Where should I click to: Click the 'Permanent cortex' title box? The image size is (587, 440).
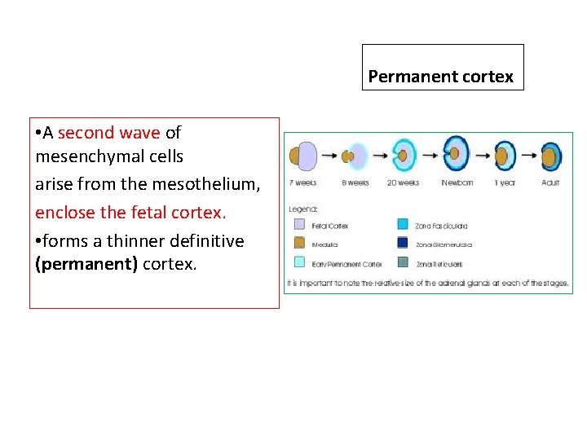442,68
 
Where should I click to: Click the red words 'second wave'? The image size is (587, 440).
109,132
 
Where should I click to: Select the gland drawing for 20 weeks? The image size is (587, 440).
404,155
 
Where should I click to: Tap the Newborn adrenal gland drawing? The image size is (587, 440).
456,154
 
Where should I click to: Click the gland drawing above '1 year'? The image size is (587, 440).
505,155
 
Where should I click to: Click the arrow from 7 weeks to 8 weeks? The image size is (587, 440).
329,154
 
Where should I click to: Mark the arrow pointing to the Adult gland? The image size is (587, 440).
528,154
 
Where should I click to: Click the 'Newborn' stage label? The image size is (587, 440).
457,183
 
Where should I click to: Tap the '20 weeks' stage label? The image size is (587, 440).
404,183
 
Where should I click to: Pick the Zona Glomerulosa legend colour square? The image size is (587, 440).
403,243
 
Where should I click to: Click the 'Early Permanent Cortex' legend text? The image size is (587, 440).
347,263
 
